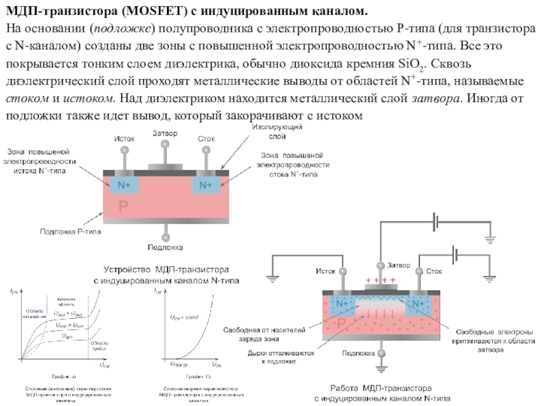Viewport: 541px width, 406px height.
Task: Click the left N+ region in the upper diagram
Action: pos(124,184)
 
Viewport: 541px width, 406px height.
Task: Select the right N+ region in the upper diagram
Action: pos(206,184)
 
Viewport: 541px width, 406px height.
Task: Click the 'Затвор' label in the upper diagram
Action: pos(166,133)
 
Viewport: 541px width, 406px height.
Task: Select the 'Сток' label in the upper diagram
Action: pos(207,139)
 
